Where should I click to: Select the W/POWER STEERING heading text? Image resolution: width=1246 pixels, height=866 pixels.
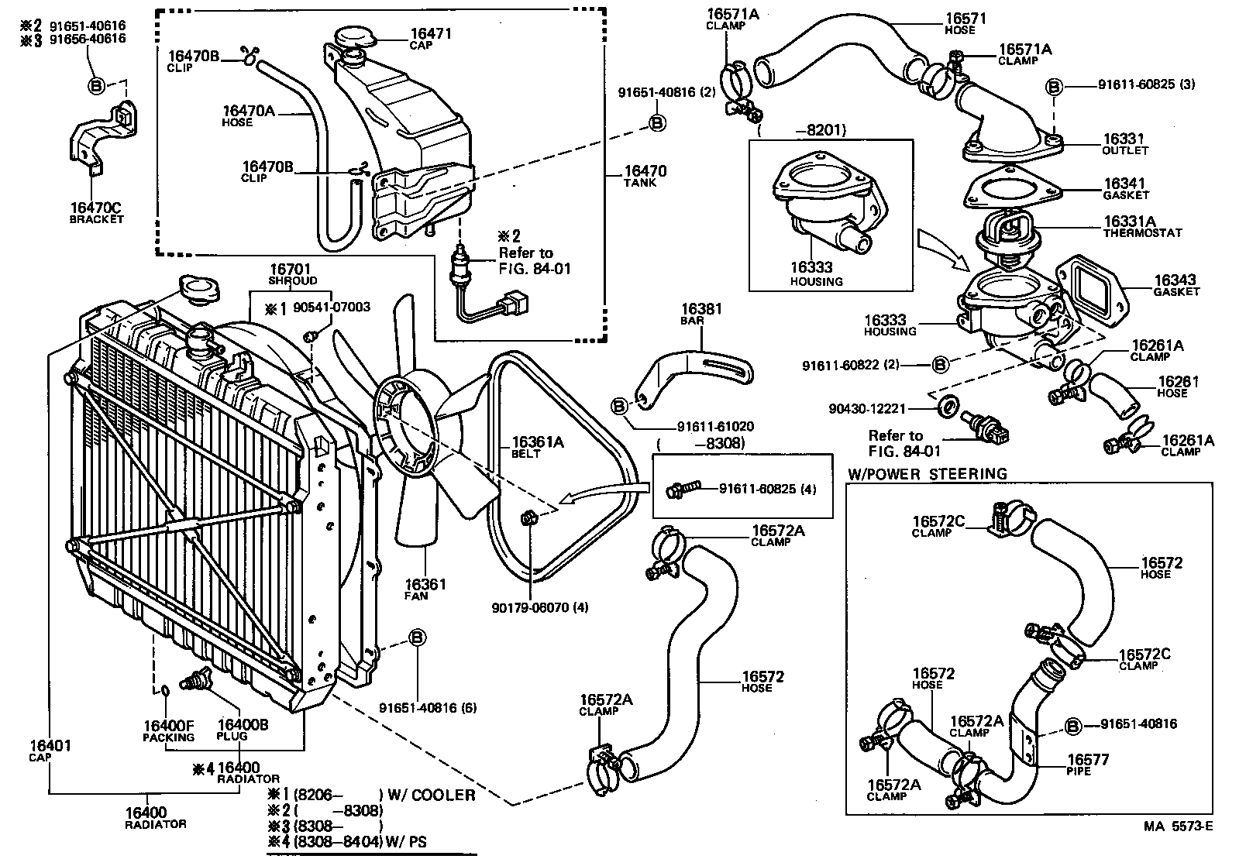click(x=927, y=473)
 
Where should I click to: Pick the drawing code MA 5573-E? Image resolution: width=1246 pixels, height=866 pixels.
click(x=1178, y=847)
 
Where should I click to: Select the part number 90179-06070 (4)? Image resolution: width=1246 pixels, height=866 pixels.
click(x=539, y=607)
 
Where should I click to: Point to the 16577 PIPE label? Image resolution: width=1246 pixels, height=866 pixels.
click(x=1088, y=765)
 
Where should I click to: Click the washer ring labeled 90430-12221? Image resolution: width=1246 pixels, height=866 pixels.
click(x=946, y=406)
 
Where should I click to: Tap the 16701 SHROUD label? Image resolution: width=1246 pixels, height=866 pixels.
click(x=291, y=274)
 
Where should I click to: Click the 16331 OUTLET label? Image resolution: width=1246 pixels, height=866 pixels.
click(x=1124, y=144)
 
